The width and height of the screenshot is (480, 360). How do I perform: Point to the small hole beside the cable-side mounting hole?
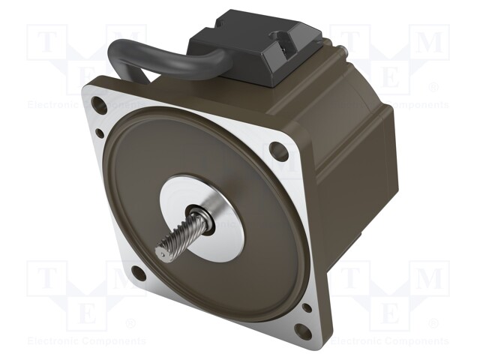coord(100,133)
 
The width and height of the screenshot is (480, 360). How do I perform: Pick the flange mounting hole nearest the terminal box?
coord(279,151)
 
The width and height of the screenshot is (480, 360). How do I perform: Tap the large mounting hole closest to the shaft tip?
coord(139,273)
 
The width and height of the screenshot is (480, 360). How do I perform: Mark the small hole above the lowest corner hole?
coord(306,307)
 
